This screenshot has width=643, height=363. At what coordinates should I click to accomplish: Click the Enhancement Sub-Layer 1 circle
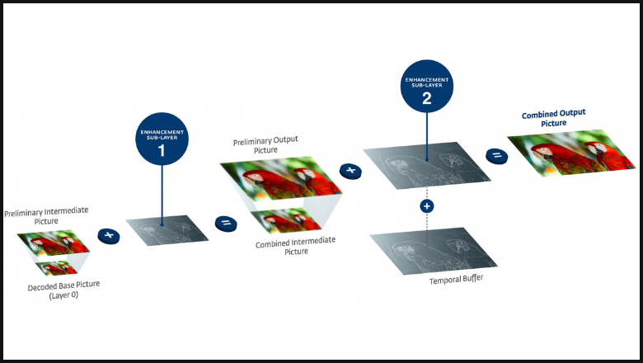point(162,139)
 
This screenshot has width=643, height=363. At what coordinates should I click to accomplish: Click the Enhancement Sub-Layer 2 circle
point(427,86)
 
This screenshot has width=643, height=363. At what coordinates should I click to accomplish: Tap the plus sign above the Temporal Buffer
point(427,206)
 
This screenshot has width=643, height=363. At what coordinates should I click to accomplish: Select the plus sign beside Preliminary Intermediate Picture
point(109,236)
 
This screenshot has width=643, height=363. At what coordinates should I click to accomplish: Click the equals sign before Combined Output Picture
point(496,156)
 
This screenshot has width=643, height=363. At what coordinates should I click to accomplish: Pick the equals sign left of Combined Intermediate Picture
point(226,224)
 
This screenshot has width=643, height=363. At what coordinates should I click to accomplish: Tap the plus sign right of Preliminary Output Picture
point(350,171)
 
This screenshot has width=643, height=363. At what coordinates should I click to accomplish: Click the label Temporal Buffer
point(457,280)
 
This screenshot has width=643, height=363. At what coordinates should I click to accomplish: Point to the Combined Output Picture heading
point(554,118)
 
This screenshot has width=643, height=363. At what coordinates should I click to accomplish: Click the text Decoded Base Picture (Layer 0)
point(63,290)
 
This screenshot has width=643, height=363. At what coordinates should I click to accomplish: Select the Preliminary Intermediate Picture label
point(46,216)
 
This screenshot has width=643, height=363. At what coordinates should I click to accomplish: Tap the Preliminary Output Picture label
point(265,145)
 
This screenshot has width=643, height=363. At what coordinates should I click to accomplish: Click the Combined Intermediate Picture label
point(296,245)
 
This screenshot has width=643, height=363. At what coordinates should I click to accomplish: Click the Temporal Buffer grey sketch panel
point(434,251)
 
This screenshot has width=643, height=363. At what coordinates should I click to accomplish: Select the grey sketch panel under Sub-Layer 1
point(167,230)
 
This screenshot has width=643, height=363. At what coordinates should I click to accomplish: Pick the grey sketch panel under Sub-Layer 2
point(427,165)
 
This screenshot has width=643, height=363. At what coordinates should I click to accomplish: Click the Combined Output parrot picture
point(571,153)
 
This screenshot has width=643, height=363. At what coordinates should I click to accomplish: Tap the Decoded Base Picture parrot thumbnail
point(57,268)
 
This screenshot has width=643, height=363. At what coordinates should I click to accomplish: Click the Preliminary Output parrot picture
point(281,178)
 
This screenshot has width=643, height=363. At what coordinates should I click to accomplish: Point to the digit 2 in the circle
point(427,98)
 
